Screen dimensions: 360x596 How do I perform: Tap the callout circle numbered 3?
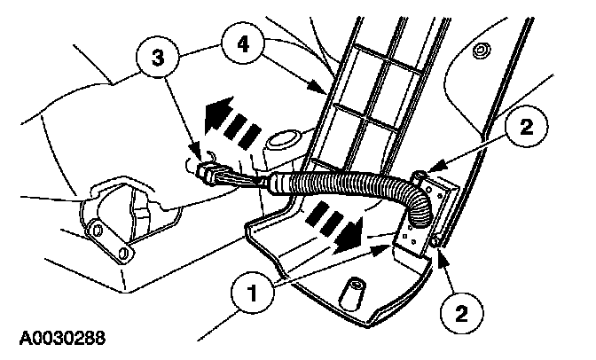point(157,58)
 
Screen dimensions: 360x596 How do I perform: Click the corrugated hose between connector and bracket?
point(355,192)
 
